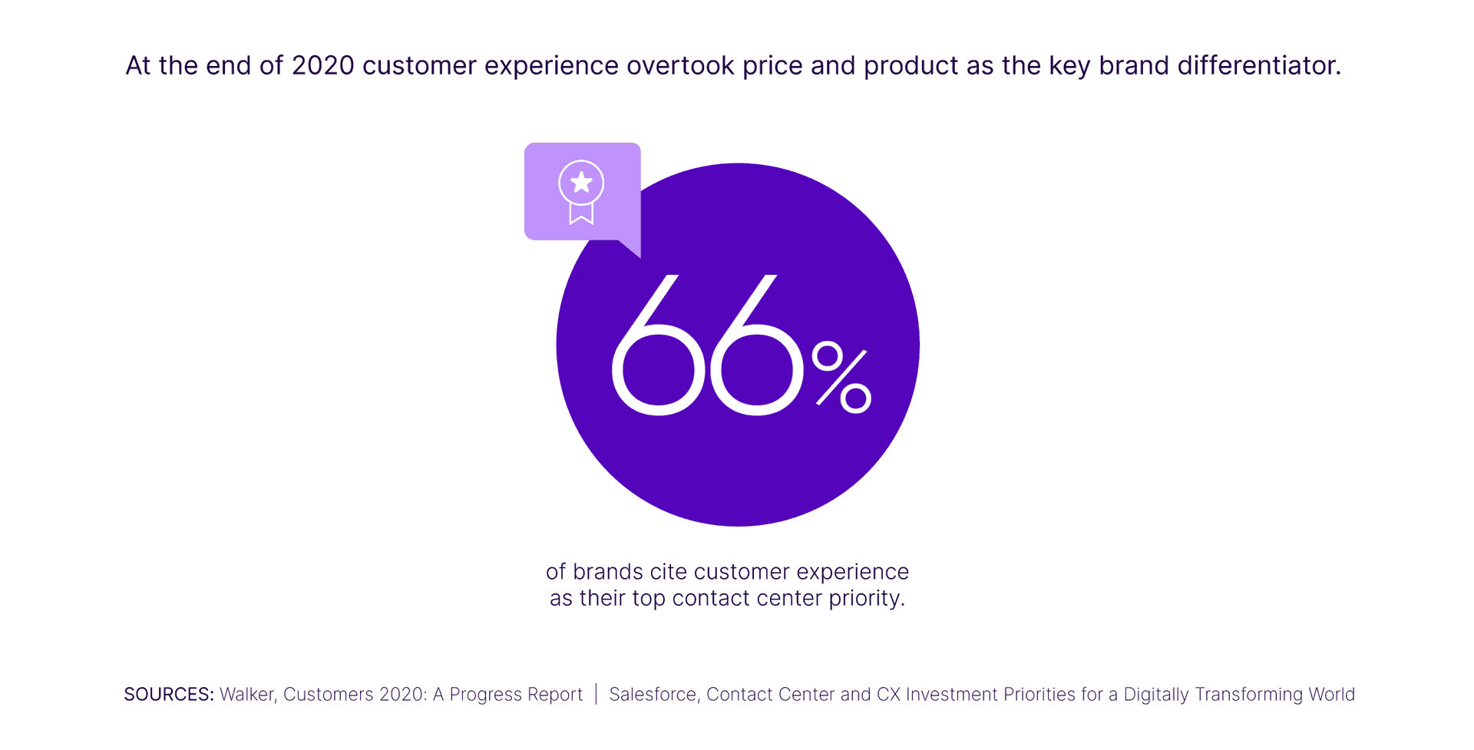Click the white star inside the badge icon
click(581, 183)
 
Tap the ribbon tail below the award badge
click(581, 214)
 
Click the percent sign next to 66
click(841, 378)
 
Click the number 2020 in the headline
click(322, 66)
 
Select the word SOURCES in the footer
click(168, 695)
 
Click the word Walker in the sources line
click(247, 695)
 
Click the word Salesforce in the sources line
click(653, 695)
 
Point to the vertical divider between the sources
click(596, 694)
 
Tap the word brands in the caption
click(608, 572)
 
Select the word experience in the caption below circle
click(852, 573)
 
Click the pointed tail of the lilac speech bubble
click(633, 249)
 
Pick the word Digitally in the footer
click(1155, 695)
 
